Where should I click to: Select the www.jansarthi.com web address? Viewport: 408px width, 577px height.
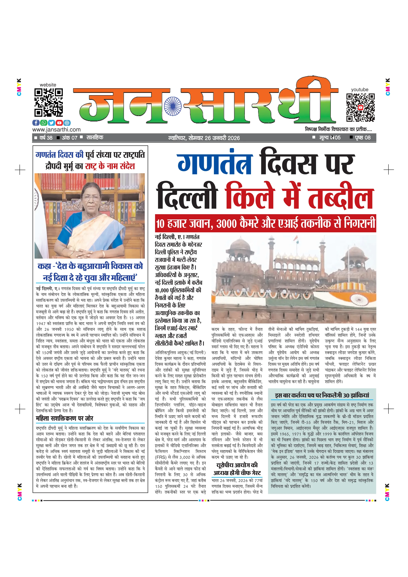(56, 130)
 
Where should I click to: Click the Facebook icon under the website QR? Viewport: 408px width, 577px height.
(36, 123)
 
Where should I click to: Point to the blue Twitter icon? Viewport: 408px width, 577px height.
(51, 123)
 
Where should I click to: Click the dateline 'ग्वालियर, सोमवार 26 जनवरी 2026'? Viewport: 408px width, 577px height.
(204, 138)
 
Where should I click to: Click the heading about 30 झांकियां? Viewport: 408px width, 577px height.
(322, 395)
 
